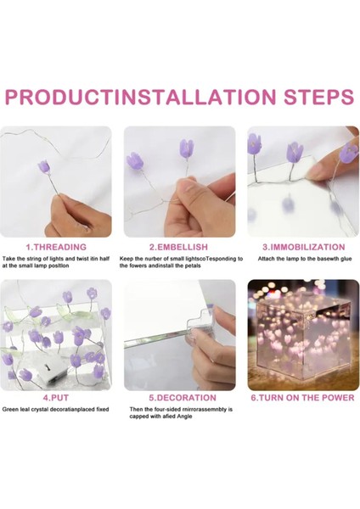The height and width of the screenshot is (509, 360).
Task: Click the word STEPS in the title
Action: [x=318, y=97]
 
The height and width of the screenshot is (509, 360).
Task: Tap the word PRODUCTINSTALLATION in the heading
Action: [x=141, y=97]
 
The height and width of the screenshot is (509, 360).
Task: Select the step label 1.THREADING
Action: [x=56, y=247]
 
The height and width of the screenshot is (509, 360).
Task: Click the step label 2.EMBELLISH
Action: [x=178, y=247]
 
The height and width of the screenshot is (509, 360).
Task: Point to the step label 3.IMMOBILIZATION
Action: [x=304, y=247]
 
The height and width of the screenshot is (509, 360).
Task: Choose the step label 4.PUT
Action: [x=56, y=398]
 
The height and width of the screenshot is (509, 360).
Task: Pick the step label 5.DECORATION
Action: [x=183, y=398]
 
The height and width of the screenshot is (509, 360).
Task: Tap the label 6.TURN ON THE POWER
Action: [x=302, y=398]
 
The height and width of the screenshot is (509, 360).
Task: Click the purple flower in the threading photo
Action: [x=44, y=166]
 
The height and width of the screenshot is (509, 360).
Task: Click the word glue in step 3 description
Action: [x=346, y=259]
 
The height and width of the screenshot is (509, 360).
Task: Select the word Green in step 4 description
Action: [x=9, y=410]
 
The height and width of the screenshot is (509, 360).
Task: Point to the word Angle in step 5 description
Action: [x=184, y=417]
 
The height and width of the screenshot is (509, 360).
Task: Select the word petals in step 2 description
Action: [x=194, y=266]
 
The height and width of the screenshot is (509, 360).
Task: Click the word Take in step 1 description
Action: [x=8, y=259]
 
